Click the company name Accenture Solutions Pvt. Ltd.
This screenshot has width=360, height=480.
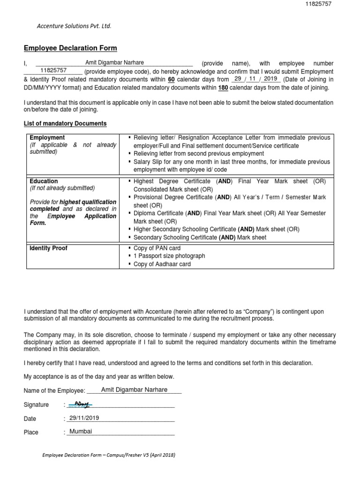click(74, 26)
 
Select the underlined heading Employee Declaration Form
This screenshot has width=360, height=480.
click(70, 48)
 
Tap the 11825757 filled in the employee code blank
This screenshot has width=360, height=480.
click(53, 70)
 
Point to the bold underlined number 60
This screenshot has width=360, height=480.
click(171, 80)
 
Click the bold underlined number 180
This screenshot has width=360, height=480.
click(223, 88)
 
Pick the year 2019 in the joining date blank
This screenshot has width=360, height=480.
click(270, 79)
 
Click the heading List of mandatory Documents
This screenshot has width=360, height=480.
click(65, 124)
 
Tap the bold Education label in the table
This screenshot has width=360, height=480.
click(44, 181)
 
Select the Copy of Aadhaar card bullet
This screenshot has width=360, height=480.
click(162, 264)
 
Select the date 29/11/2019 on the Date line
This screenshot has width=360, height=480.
click(84, 418)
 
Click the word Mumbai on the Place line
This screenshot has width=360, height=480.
click(81, 432)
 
